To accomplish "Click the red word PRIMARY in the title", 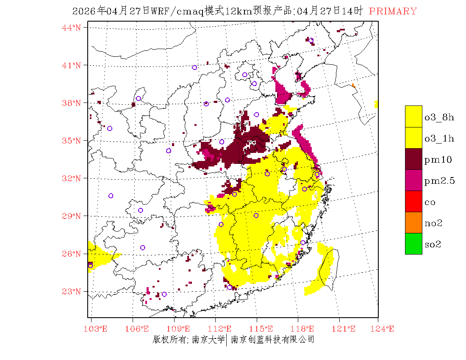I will [393, 11].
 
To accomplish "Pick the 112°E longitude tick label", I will [222, 329].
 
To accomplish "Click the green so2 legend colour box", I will [413, 244].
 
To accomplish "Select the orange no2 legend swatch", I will [413, 222].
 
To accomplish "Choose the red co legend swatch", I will [413, 201].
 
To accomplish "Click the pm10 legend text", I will [438, 160].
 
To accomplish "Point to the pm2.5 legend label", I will [440, 181].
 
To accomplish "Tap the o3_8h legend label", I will [439, 117].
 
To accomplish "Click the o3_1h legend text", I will [439, 138].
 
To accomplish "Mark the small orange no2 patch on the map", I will [353, 86].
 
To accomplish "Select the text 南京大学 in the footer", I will [208, 339].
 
